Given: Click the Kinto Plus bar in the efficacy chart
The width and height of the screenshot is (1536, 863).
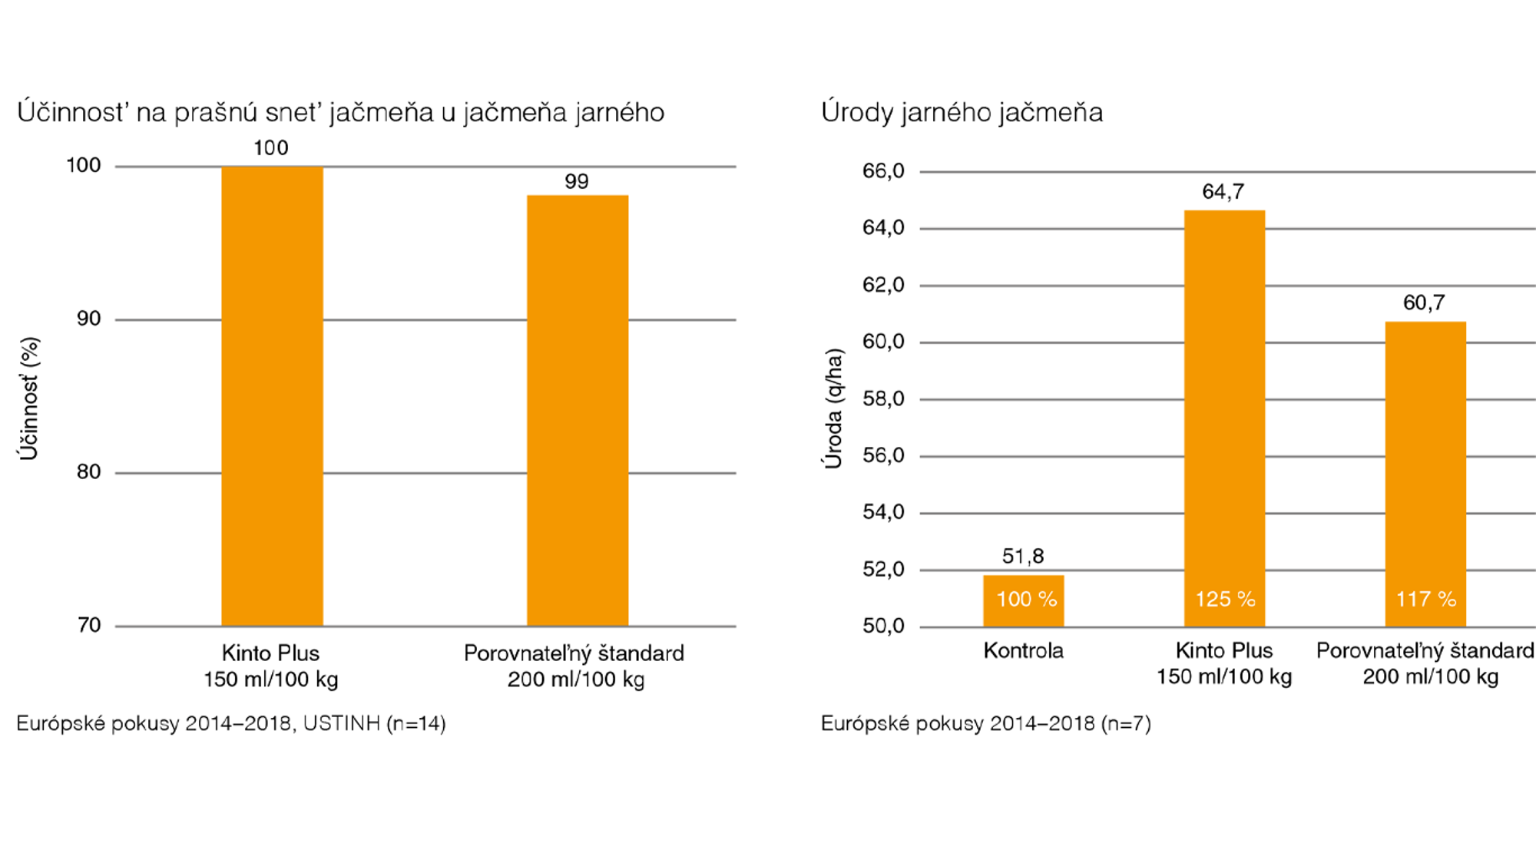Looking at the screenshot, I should click(x=272, y=395).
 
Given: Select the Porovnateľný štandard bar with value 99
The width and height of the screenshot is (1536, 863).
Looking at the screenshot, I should click(x=577, y=411).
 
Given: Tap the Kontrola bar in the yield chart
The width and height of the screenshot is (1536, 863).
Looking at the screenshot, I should click(x=1023, y=600).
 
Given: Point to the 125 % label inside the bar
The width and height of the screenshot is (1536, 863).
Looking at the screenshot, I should click(x=1225, y=599).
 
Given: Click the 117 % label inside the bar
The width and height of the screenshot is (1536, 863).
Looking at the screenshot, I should click(x=1426, y=599).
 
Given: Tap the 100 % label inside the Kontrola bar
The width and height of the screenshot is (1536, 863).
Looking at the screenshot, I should click(x=1026, y=599).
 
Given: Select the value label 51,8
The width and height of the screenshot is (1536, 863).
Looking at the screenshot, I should click(x=1023, y=556).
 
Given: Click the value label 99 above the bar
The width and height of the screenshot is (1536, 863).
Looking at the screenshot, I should click(x=577, y=182).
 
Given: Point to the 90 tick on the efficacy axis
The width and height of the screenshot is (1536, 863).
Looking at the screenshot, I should click(x=89, y=319).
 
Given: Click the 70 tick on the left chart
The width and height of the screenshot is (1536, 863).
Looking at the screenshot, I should click(x=89, y=625).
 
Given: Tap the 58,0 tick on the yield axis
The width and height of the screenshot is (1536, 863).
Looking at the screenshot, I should click(x=883, y=398).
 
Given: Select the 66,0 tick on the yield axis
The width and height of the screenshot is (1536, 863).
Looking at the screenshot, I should click(x=883, y=170).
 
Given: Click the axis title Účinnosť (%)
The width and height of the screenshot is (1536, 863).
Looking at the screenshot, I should click(x=29, y=398).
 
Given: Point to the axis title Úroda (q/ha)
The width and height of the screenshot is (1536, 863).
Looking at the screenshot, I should click(x=833, y=408).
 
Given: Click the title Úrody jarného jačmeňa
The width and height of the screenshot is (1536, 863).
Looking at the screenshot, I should click(x=962, y=113).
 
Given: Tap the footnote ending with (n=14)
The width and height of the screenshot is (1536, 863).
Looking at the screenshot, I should click(x=230, y=723).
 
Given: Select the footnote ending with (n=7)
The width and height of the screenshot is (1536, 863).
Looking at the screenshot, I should click(x=985, y=723).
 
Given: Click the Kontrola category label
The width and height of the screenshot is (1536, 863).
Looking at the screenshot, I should click(x=1023, y=651).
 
